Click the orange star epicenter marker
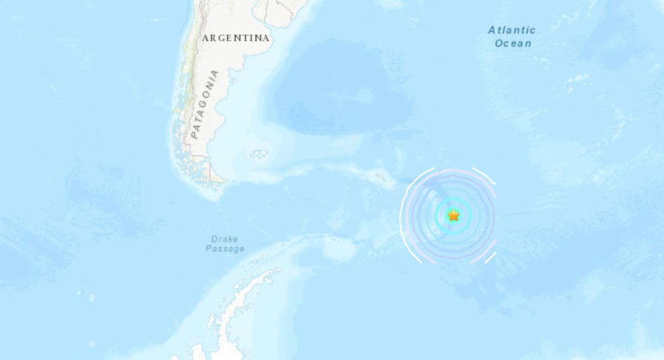click(454, 215)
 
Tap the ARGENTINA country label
click(236, 38)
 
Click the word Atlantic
click(512, 30)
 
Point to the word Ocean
click(513, 43)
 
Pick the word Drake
click(225, 239)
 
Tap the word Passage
click(225, 249)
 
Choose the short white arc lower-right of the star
click(490, 258)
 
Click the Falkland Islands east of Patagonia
click(259, 154)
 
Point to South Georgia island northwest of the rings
click(381, 178)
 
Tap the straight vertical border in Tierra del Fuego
click(210, 170)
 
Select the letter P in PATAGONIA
click(194, 134)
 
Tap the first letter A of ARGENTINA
click(205, 38)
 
